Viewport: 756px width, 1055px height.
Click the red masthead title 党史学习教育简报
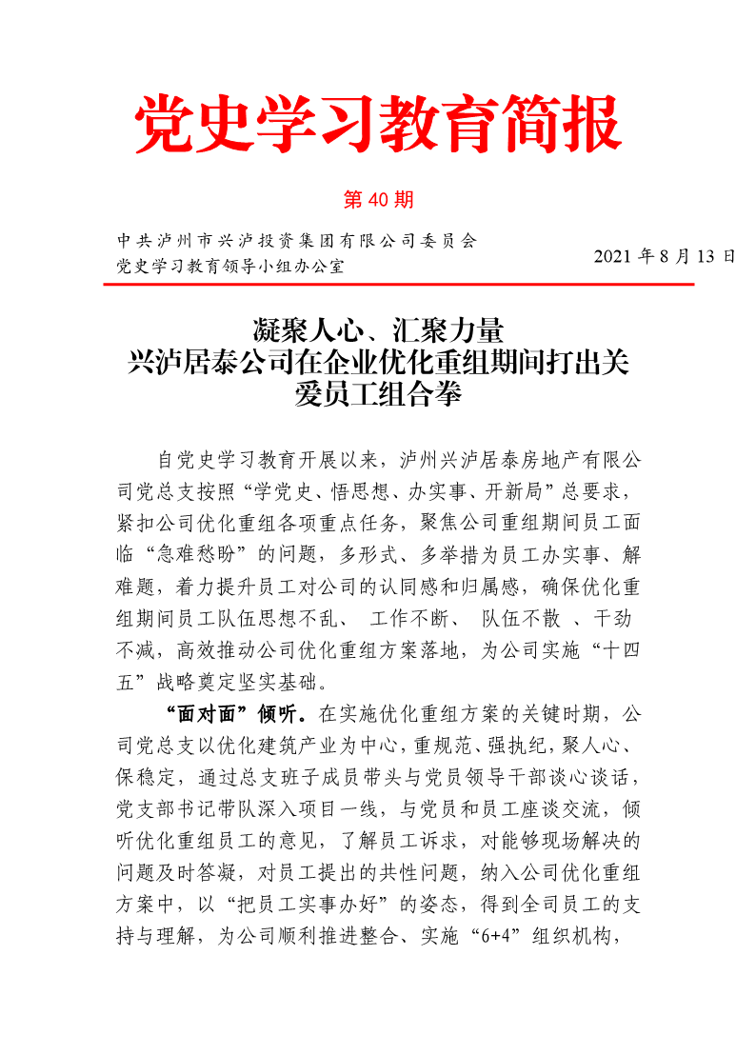pyautogui.click(x=378, y=125)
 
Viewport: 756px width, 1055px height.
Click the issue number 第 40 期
pyautogui.click(x=378, y=200)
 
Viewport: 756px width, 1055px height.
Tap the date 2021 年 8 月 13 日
pyautogui.click(x=665, y=257)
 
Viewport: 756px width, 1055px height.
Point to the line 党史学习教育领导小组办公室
pyautogui.click(x=229, y=266)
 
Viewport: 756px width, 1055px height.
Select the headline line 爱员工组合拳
pyautogui.click(x=378, y=392)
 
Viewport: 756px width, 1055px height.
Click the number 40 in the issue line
pyautogui.click(x=378, y=200)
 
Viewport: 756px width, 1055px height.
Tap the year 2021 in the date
pyautogui.click(x=613, y=257)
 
